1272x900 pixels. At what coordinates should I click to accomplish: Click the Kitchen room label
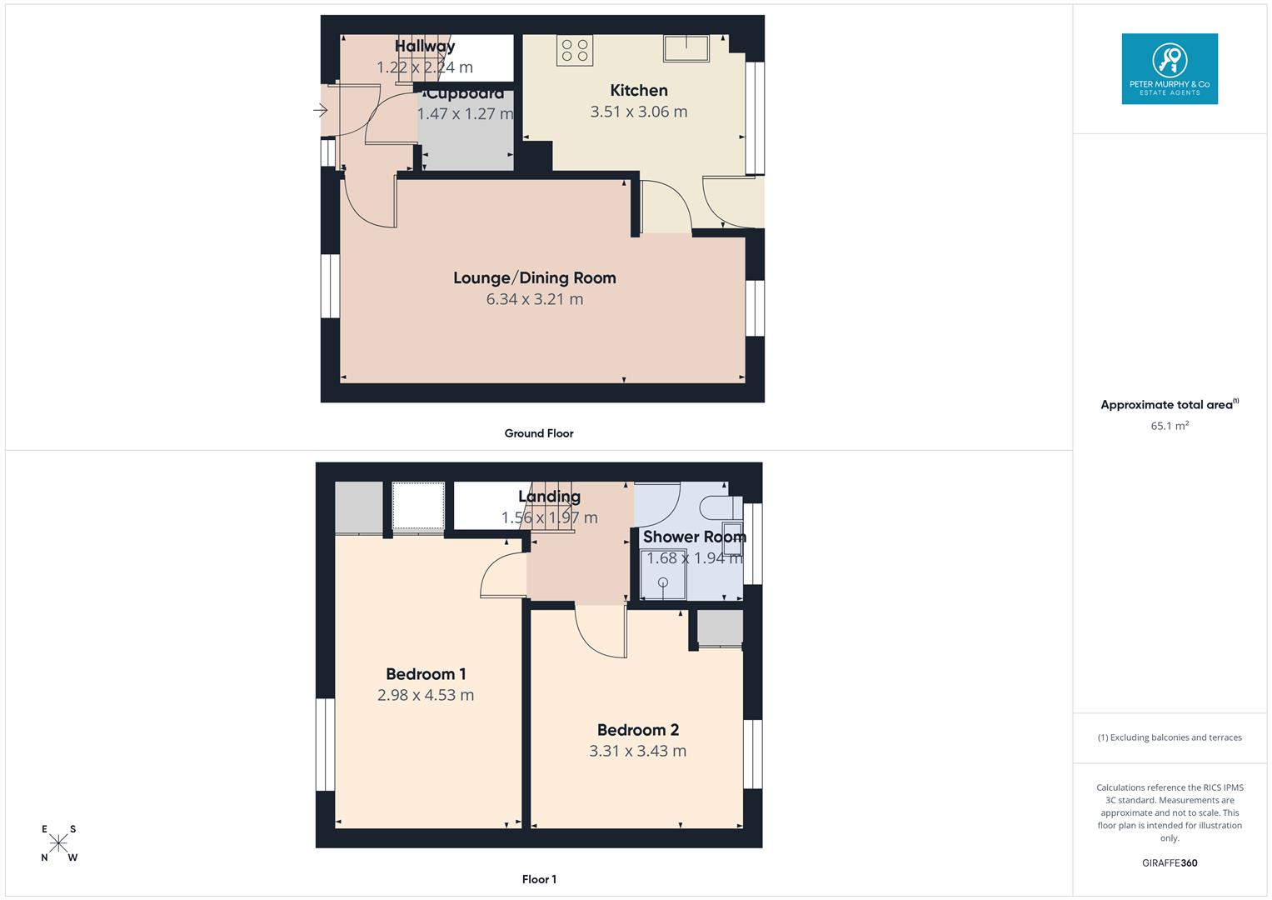point(639,90)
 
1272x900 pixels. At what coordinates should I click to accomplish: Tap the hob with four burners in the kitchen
point(575,50)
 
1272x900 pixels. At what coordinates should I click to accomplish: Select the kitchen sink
point(686,47)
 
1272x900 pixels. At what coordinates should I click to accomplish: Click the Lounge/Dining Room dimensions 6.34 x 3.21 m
point(535,299)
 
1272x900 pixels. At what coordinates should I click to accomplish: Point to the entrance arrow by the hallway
point(321,110)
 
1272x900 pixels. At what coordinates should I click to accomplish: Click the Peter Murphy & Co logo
point(1170,68)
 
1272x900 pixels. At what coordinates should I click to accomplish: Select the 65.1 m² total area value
point(1170,426)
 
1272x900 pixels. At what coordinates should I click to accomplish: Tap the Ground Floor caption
point(539,433)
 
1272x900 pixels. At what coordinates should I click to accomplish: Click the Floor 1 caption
point(539,879)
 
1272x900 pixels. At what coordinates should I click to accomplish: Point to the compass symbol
point(59,843)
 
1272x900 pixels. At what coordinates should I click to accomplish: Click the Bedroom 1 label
point(426,674)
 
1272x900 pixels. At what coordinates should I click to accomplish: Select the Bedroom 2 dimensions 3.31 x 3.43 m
point(638,751)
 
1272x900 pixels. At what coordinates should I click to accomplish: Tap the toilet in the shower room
point(716,507)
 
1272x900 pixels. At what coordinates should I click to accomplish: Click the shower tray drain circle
point(664,582)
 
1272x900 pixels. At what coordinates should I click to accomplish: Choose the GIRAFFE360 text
point(1170,863)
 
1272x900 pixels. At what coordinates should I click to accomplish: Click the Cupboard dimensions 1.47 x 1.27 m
point(465,114)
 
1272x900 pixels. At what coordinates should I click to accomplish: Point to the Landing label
point(549,497)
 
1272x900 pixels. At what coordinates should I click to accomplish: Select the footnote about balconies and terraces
point(1170,737)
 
